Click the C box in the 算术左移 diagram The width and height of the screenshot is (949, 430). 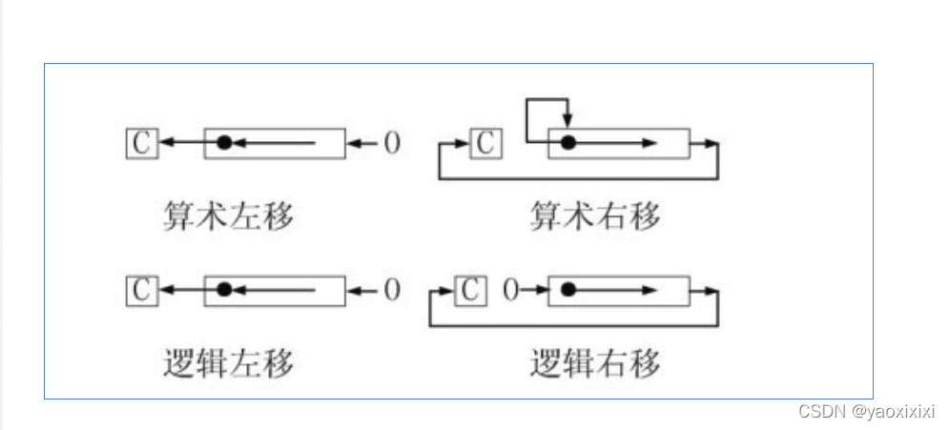tap(140, 143)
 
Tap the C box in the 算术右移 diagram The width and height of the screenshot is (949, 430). tap(485, 143)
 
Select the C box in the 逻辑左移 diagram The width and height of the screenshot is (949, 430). tap(140, 290)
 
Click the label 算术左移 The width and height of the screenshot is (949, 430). tap(228, 216)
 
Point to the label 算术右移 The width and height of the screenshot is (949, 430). tap(594, 216)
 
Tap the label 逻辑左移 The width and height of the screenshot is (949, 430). tap(228, 363)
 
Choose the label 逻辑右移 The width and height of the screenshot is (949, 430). tap(594, 363)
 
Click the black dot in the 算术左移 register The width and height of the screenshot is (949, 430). tap(224, 143)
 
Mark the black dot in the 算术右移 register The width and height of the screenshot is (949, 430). tap(568, 143)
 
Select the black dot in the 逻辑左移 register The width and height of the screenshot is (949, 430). tap(224, 290)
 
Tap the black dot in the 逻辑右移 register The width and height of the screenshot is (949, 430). tap(568, 290)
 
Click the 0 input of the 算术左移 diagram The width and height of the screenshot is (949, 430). tap(392, 143)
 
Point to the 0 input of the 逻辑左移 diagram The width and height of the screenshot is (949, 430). tap(392, 290)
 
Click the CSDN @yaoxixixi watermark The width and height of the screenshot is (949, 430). tap(867, 411)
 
